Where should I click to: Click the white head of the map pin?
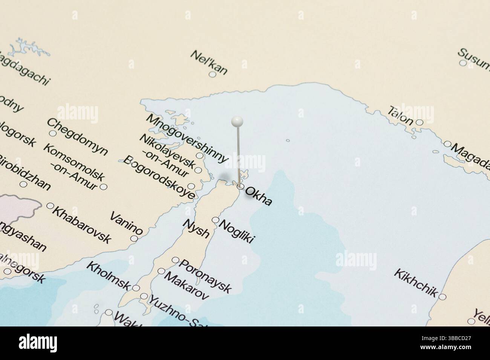pyautogui.click(x=237, y=121)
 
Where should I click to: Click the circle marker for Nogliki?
pyautogui.click(x=216, y=220)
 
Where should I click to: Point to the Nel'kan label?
pyautogui.click(x=209, y=62)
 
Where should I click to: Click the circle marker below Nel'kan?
pyautogui.click(x=213, y=75)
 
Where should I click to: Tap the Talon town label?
pyautogui.click(x=400, y=115)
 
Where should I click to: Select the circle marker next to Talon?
pyautogui.click(x=419, y=122)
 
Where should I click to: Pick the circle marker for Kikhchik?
pyautogui.click(x=443, y=297)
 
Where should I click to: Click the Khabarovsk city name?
pyautogui.click(x=81, y=224)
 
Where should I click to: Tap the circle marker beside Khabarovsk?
pyautogui.click(x=50, y=206)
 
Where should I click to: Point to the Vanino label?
pyautogui.click(x=127, y=223)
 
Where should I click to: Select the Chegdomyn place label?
pyautogui.click(x=77, y=137)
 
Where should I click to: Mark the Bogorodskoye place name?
pyautogui.click(x=159, y=177)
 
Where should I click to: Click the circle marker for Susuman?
pyautogui.click(x=462, y=63)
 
